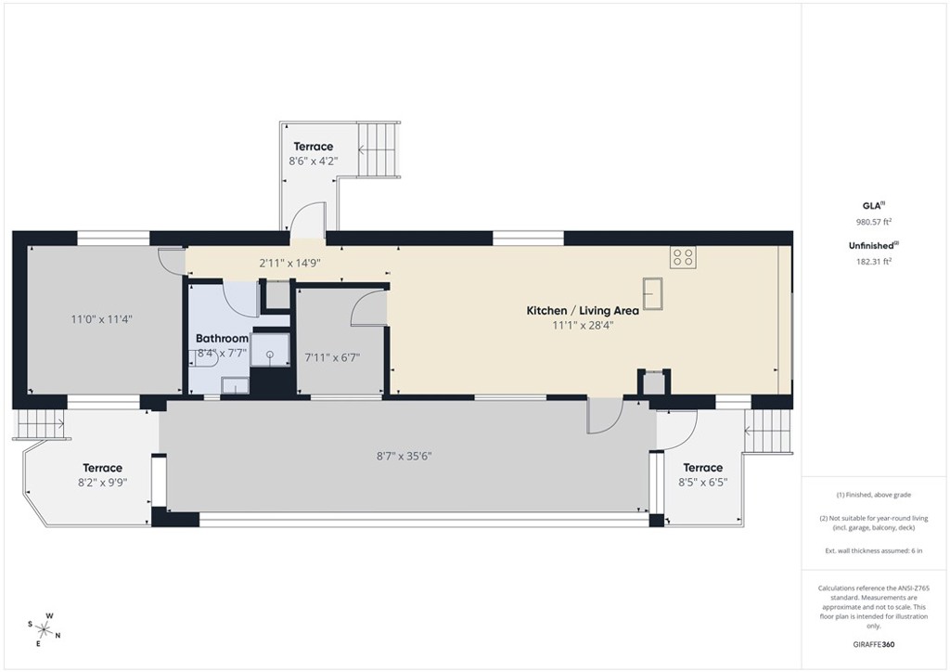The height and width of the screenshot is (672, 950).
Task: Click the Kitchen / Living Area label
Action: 570,311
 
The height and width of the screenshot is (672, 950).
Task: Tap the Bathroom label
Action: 222,339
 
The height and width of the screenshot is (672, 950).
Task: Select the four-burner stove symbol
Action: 683,256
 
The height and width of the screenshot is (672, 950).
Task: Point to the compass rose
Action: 43,628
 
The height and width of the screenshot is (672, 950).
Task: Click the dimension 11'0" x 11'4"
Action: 102,319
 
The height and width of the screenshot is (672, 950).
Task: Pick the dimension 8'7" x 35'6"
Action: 404,456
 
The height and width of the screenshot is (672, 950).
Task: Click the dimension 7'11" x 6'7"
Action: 331,357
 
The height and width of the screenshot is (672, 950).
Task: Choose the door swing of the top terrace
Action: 306,219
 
